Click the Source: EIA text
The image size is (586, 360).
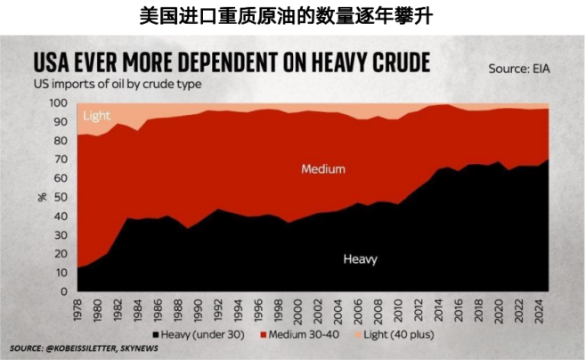click(519, 68)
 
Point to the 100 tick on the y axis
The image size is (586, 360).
click(60, 102)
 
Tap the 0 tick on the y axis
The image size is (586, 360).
click(65, 291)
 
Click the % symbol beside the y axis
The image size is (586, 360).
click(42, 197)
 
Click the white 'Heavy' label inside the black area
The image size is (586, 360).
click(360, 259)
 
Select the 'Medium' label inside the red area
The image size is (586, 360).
click(322, 168)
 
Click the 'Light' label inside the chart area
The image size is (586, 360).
click(96, 117)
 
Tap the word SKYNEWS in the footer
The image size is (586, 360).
click(134, 347)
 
